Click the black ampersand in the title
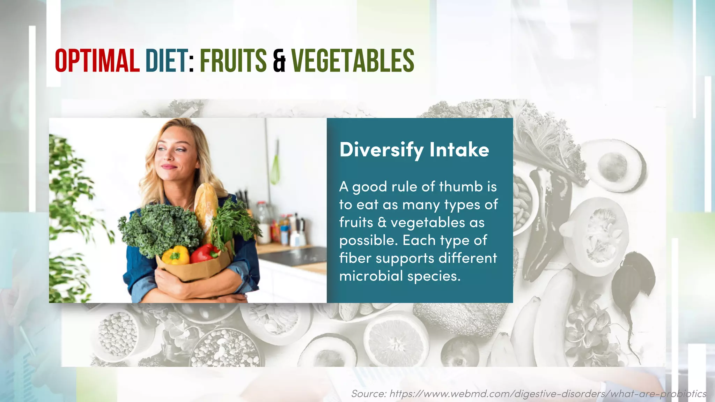(279, 61)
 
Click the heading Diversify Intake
(414, 150)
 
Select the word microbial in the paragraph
(371, 276)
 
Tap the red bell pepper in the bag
(205, 253)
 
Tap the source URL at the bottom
(529, 394)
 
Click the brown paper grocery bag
(196, 269)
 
